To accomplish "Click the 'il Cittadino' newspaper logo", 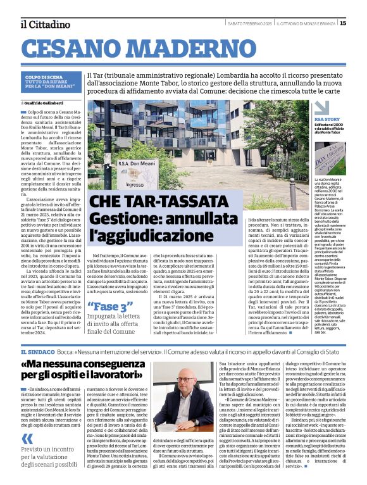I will pos(45,24).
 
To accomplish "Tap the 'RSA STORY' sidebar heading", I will pos(328,119).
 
